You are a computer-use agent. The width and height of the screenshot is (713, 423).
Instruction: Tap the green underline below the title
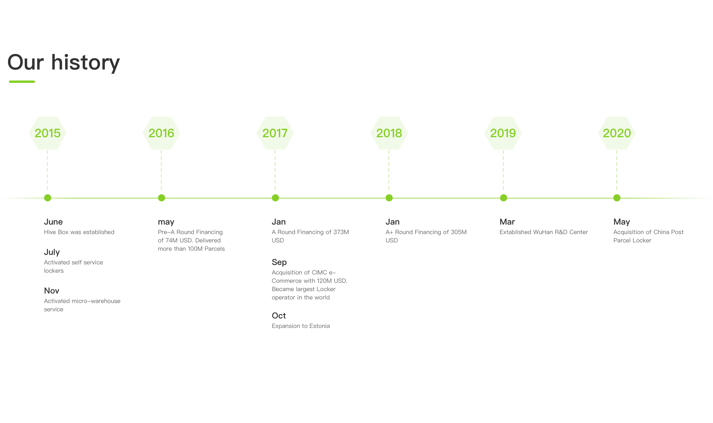click(x=22, y=82)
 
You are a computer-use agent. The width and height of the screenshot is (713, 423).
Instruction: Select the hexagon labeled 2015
click(x=47, y=133)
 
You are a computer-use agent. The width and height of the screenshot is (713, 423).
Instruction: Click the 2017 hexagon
click(x=275, y=133)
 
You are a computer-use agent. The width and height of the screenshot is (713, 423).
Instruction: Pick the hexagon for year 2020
click(x=617, y=133)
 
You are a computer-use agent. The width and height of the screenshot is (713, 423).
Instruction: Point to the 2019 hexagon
click(x=503, y=133)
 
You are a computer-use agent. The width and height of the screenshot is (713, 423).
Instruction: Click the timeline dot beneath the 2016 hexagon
click(x=161, y=198)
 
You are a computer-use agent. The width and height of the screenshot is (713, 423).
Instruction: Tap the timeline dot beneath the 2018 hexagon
click(x=389, y=198)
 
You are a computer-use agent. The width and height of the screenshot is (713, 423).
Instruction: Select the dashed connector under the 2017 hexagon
click(x=275, y=170)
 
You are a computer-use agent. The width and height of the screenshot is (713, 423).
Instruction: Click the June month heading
click(x=53, y=222)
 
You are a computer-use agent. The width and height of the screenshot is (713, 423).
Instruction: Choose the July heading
click(x=52, y=252)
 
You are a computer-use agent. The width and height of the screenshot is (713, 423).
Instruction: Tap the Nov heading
click(x=52, y=291)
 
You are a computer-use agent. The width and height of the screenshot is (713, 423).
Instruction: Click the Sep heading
click(x=279, y=262)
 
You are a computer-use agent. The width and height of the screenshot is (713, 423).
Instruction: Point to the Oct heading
click(x=279, y=315)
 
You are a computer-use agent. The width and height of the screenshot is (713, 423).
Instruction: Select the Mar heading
click(x=507, y=222)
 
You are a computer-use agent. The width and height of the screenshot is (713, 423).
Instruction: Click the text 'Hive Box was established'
click(x=79, y=232)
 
